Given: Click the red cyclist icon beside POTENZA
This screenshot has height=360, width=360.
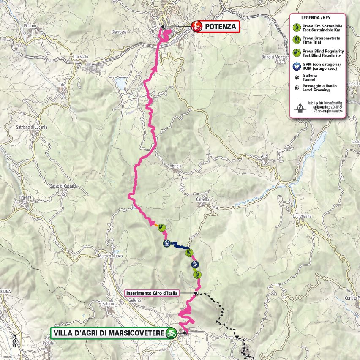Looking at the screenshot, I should point(196,27).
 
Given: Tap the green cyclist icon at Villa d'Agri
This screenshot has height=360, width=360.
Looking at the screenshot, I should point(171,333).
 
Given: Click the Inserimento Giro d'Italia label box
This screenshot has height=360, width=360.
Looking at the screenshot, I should point(153,292).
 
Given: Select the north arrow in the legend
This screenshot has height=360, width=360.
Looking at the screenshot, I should point(300,107).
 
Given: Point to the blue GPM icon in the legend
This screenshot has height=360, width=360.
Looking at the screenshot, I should point(297,66).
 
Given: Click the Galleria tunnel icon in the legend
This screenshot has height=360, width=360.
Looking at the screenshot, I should point(297,77).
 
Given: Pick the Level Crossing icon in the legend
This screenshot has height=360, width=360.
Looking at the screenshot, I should point(297,88).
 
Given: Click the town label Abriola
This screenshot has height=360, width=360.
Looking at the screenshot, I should point(175,166).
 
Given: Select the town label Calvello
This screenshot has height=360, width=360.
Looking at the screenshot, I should point(203,199).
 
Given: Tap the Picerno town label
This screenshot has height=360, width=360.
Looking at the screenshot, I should point(30,26).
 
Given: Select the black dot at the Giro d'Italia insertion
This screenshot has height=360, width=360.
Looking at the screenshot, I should point(196,293).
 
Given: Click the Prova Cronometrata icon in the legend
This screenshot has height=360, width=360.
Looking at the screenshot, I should point(297,40).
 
